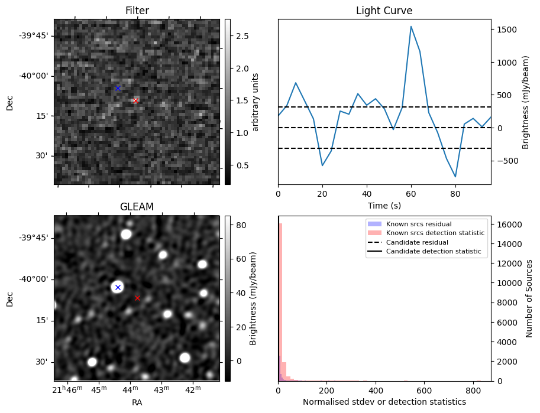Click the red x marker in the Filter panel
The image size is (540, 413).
[x=135, y=100]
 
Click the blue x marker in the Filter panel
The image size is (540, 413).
[x=118, y=88]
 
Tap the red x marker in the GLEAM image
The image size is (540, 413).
[x=138, y=298]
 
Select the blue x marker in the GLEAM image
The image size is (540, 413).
[x=118, y=287]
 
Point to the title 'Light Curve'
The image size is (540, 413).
[x=384, y=11]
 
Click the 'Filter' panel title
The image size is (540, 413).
[x=137, y=11]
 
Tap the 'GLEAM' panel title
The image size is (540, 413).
[x=137, y=207]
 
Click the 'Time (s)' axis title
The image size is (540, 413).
[x=384, y=205]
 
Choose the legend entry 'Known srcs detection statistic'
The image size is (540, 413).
[x=435, y=233]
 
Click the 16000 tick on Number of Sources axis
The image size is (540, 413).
[x=507, y=225]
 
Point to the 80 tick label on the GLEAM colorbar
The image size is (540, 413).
[x=241, y=225]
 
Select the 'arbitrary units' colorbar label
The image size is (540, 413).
[x=255, y=102]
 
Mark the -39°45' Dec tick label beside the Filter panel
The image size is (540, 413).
[x=34, y=35]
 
